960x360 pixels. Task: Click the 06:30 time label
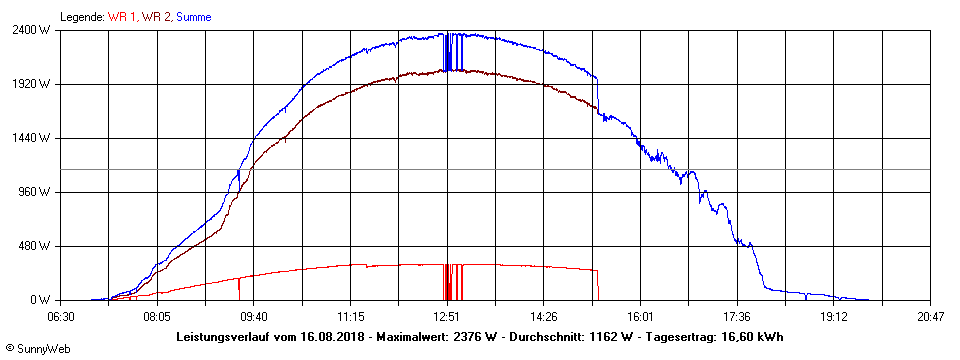61,316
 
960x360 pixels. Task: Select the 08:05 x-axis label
157,316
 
